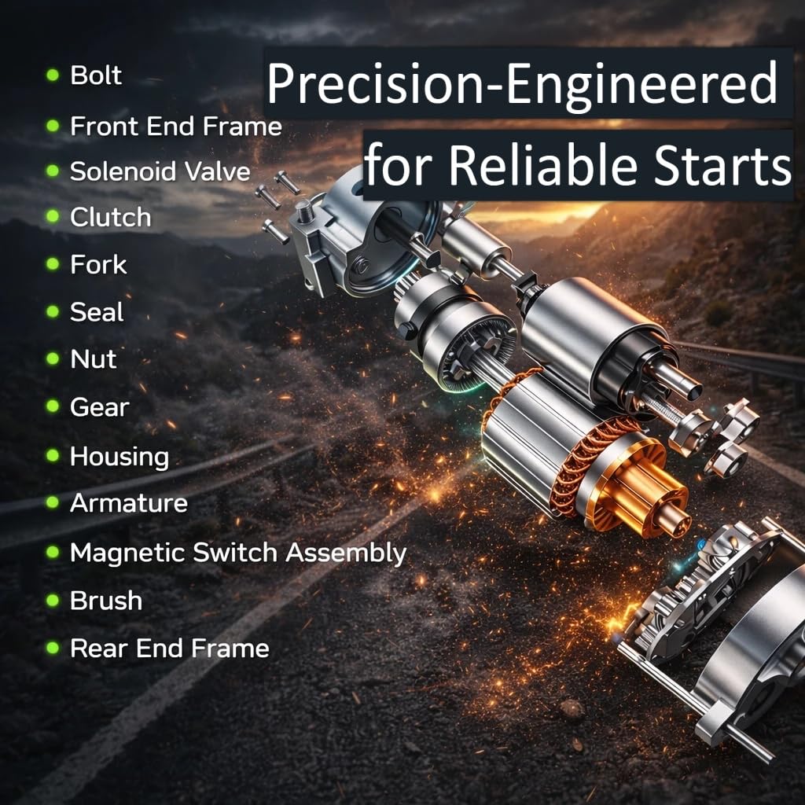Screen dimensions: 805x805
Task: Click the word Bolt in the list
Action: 96,75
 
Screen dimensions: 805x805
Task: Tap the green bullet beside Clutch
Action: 53,216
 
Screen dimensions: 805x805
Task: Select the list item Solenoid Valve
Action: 160,171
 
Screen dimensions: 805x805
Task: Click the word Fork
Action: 98,264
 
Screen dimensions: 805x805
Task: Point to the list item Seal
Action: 97,311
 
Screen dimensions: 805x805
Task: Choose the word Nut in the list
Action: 94,358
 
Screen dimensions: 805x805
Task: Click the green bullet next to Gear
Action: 53,406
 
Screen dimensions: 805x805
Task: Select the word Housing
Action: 119,457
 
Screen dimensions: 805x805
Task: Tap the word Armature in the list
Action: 129,502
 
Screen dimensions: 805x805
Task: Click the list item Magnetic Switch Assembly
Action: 238,553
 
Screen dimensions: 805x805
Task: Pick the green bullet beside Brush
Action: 53,600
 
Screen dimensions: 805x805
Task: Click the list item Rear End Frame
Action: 170,648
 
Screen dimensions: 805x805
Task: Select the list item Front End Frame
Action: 176,126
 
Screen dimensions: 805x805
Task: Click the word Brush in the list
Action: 106,600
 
